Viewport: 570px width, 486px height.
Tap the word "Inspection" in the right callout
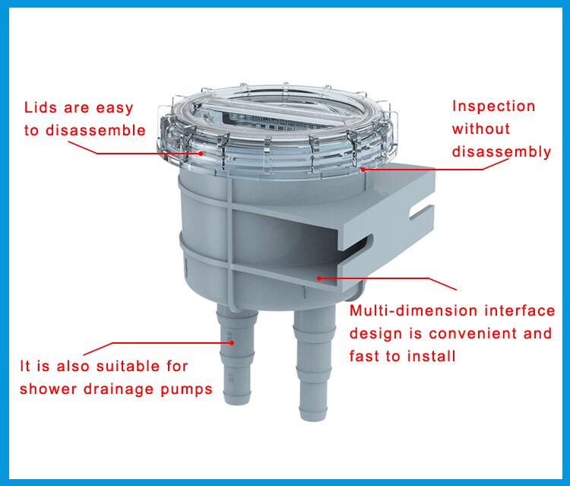(493, 106)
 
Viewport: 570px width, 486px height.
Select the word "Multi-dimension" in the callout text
(403, 311)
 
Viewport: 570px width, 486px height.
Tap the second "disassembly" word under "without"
(501, 151)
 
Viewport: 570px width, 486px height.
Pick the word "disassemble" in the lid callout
(95, 130)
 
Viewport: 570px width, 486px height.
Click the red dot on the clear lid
(201, 153)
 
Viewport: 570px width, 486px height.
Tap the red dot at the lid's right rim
(363, 169)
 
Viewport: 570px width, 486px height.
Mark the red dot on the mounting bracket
(319, 278)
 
